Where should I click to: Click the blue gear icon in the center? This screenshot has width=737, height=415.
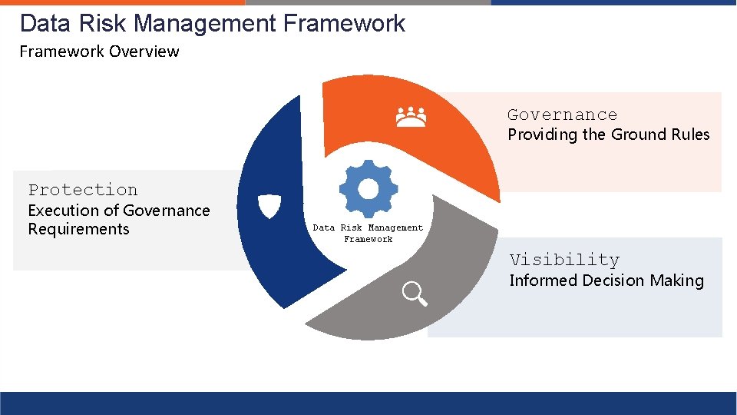pos(368,189)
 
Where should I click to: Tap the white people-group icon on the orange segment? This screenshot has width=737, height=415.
pos(411,117)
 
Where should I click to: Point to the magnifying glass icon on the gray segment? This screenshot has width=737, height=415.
pos(415,294)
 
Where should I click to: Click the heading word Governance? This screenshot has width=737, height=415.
pos(562,115)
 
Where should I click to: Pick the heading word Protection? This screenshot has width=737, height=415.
pos(83,190)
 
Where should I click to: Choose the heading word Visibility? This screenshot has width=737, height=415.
pos(564,260)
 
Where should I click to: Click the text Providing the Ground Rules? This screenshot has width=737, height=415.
pos(608,134)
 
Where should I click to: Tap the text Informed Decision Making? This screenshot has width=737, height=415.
pos(606,281)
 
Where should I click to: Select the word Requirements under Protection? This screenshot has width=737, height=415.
pos(78,229)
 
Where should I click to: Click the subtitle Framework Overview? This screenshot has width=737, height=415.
pos(99,51)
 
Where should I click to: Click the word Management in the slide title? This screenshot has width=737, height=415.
pos(205,24)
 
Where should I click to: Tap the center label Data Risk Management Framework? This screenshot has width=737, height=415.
pos(368,233)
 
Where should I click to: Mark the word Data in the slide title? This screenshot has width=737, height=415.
pos(45,24)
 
